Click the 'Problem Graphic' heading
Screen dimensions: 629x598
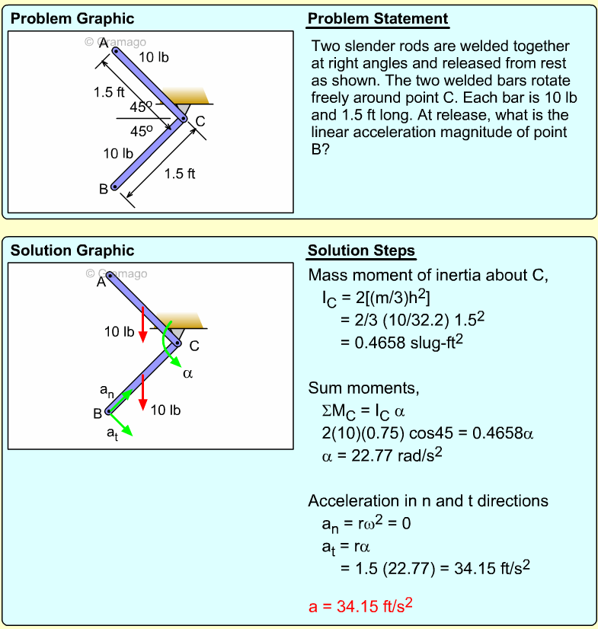(x=72, y=19)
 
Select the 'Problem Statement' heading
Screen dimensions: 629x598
(x=378, y=19)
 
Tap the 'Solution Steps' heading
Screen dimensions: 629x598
(x=361, y=251)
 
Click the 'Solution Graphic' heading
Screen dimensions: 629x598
(x=72, y=251)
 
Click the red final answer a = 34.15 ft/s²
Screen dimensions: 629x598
(x=361, y=605)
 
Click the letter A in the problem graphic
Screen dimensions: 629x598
(x=103, y=43)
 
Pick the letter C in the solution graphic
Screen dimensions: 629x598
(x=194, y=346)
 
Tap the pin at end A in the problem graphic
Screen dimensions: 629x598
(x=115, y=51)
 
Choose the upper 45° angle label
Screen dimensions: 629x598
(x=141, y=107)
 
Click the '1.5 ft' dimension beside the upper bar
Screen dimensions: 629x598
(x=109, y=93)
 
